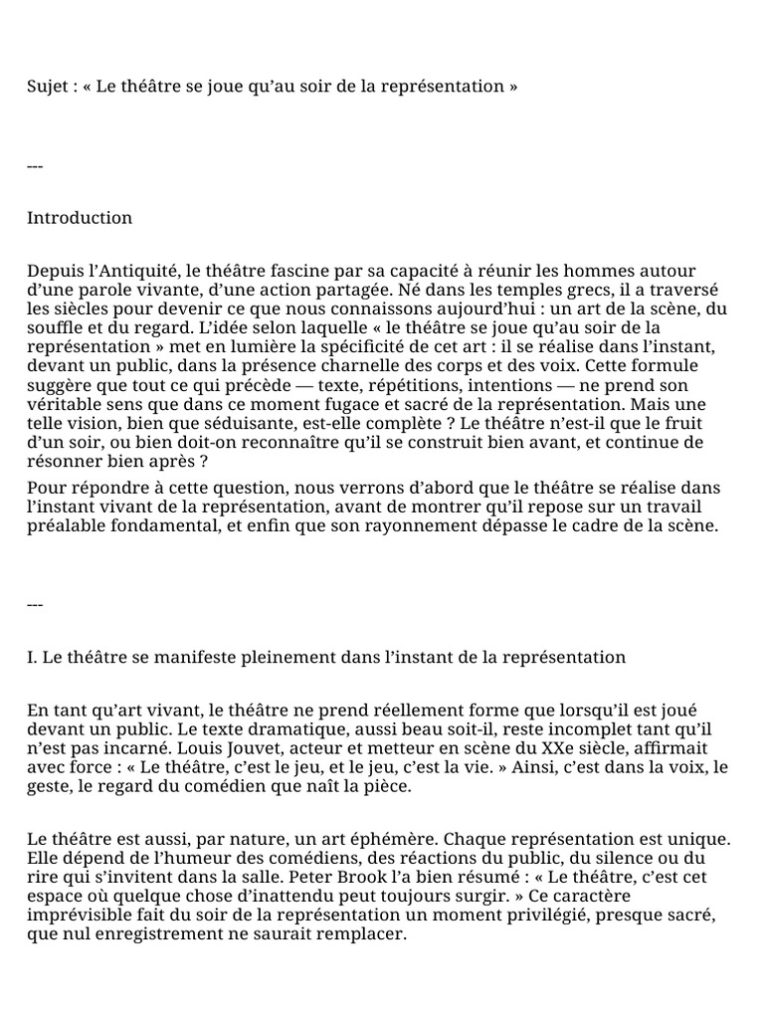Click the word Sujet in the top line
tap(48, 87)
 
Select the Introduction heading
tap(80, 218)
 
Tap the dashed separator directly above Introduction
tap(35, 166)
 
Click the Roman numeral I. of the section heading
tap(32, 658)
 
